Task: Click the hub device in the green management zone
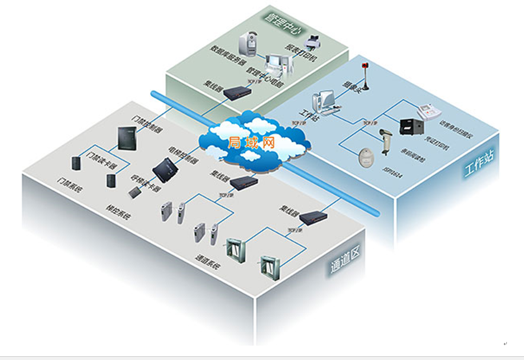pyautogui.click(x=237, y=92)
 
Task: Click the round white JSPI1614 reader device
pyautogui.click(x=367, y=157)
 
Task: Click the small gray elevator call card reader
pyautogui.click(x=135, y=192)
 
